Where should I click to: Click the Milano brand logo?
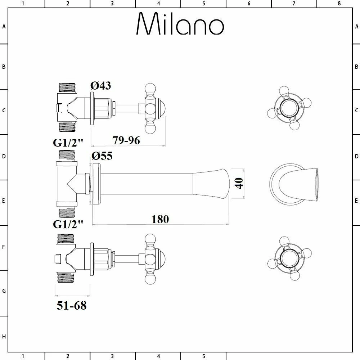180,24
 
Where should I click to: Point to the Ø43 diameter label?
100,86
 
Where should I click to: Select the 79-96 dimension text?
126,140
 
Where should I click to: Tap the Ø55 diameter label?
102,156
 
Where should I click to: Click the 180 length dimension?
160,219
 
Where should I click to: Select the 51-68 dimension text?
72,306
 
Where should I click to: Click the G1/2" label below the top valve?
68,143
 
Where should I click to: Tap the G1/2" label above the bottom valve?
68,224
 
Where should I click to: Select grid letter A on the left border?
4,26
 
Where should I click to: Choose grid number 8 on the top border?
339,4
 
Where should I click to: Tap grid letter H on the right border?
356,337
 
